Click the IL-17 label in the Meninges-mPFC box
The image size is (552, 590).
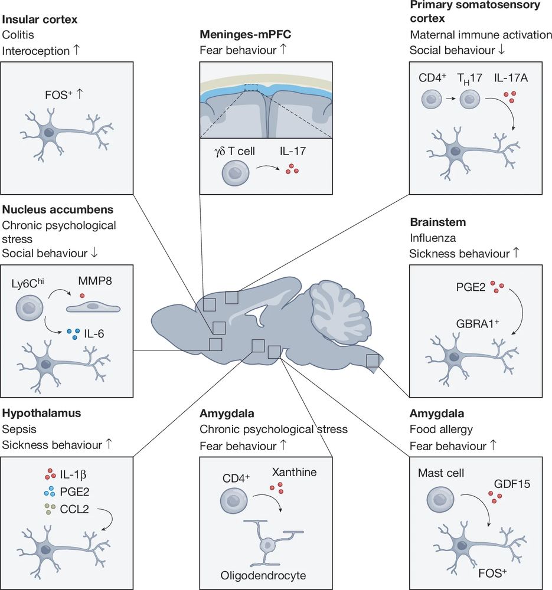tap(292, 152)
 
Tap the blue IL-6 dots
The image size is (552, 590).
tap(73, 333)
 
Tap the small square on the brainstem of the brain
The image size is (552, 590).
tap(373, 360)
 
